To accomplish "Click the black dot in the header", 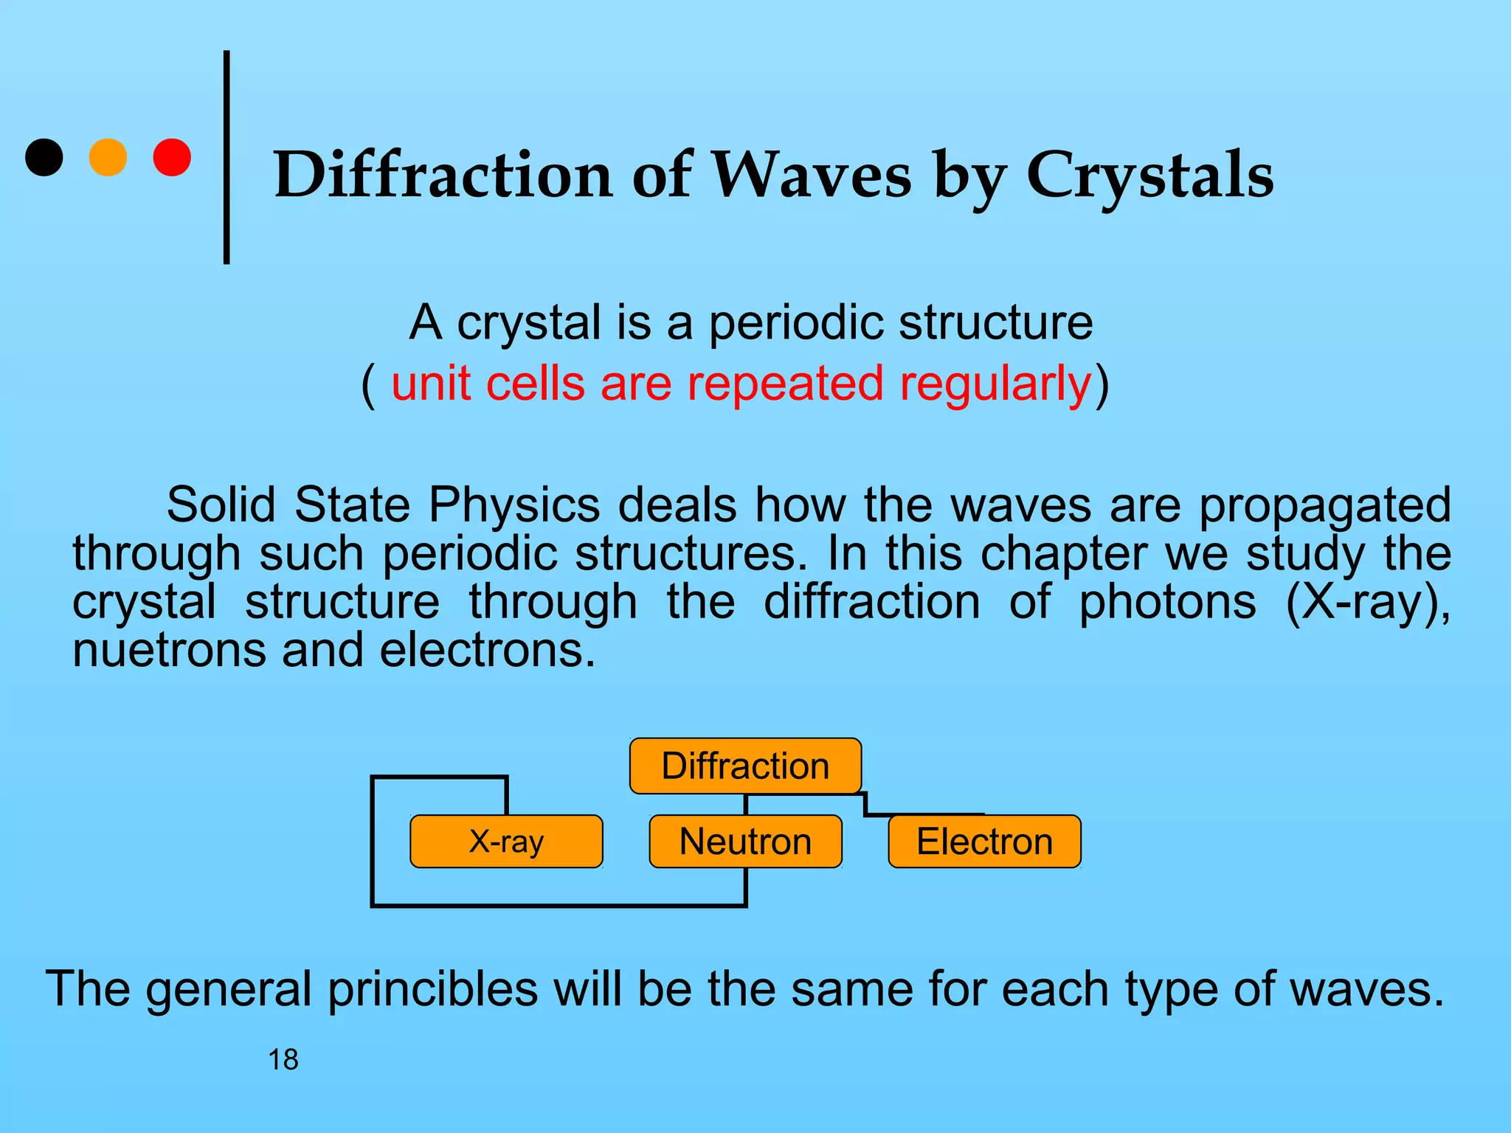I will pos(44,157).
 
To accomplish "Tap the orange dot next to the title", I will pos(108,157).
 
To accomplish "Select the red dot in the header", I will pos(172,157).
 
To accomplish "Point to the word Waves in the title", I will pos(811,176).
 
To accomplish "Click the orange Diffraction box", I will pos(745,766).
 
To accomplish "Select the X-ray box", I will pos(506,842).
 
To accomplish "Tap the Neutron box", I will pos(745,842).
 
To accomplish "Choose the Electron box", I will pos(984,842).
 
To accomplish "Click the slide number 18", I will pos(283,1060).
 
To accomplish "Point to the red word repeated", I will pos(785,384).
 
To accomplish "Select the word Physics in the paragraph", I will pos(514,506).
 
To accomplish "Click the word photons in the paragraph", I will pos(1167,602).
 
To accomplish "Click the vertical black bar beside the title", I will pos(227,157).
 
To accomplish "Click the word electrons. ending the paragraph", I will pos(487,651).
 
